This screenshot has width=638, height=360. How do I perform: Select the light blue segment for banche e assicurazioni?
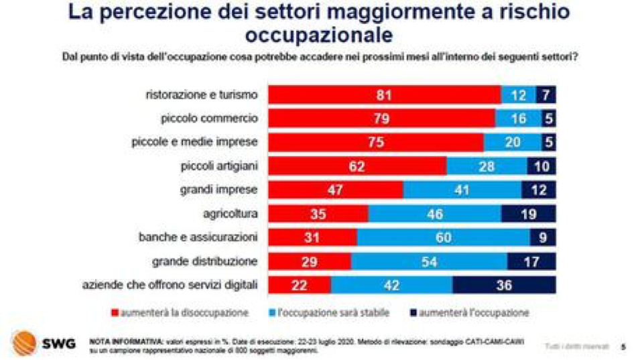pos(443,237)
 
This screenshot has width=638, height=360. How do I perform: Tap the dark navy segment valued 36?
pos(504,284)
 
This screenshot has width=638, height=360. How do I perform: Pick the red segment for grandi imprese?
pos(336,190)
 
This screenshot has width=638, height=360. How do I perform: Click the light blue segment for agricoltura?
pos(434,213)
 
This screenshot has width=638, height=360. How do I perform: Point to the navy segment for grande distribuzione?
pos(531,260)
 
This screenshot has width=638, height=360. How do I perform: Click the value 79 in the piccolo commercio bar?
pos(381,119)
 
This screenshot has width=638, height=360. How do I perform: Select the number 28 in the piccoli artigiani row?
pos(487,166)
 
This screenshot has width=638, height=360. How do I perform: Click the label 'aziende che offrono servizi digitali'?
pos(170,284)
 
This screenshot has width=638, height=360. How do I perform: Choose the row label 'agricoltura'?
pos(231,213)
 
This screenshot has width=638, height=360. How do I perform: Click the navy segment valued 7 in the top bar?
pos(546,95)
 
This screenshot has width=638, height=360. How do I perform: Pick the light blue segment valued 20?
pos(512,142)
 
